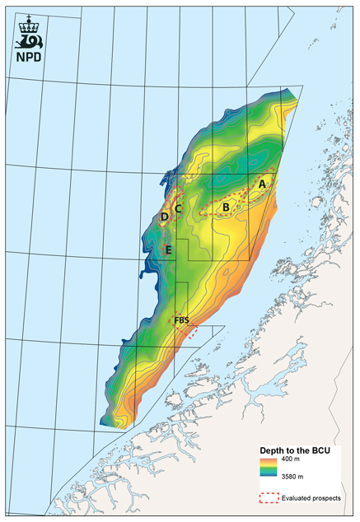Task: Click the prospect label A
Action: click(262, 185)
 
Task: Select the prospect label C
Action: click(177, 209)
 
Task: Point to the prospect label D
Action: click(166, 217)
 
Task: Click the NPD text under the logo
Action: click(31, 58)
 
